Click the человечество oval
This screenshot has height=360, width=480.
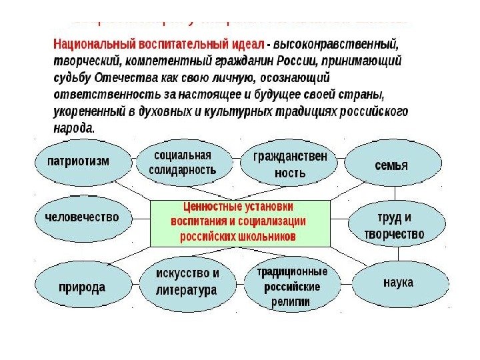81,217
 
